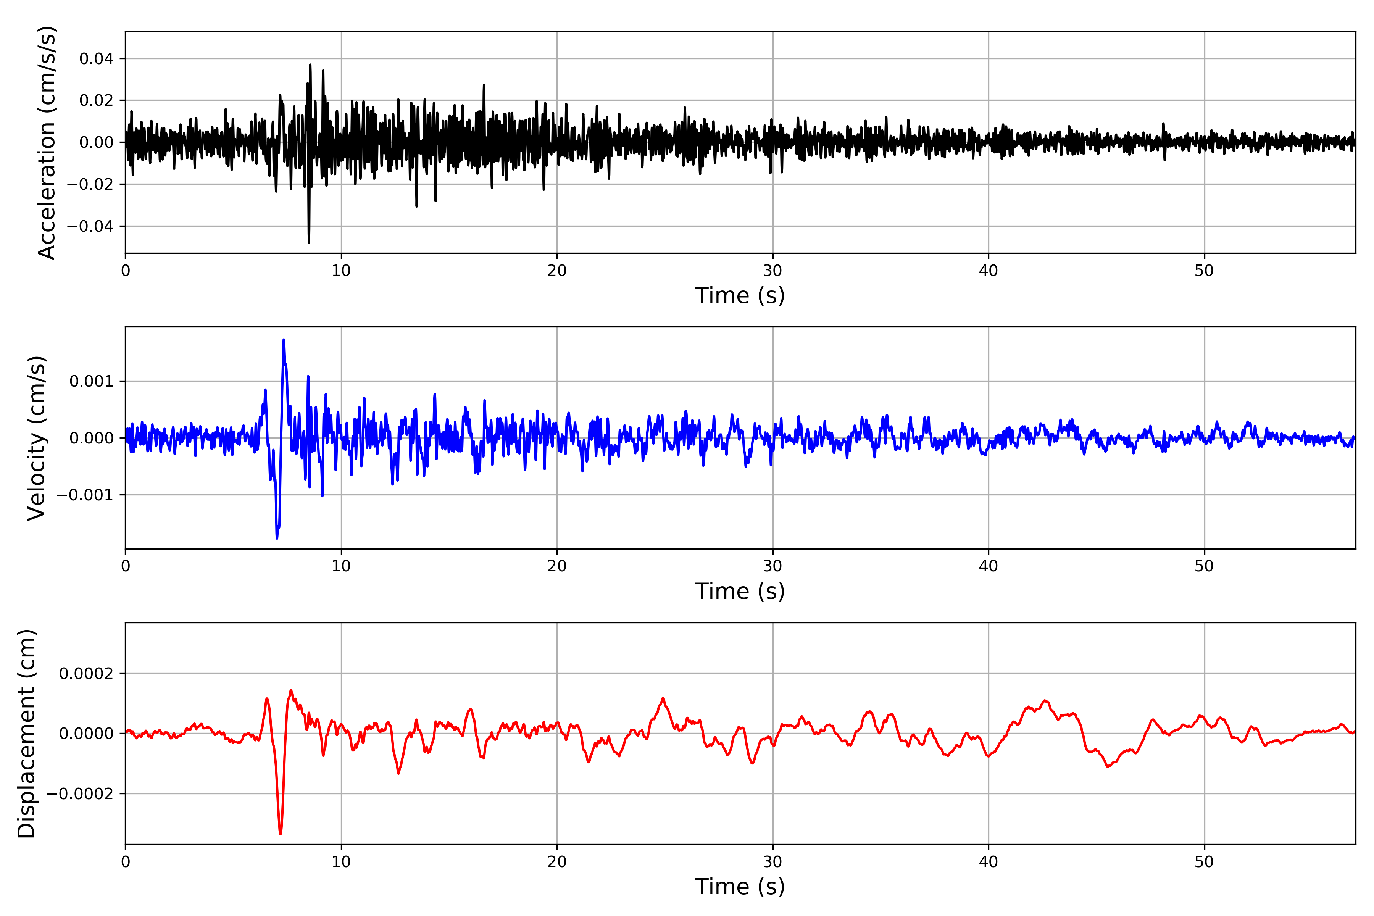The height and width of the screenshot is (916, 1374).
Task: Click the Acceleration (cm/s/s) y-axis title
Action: pyautogui.click(x=47, y=142)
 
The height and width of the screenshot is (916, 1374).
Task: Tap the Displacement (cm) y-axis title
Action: pyautogui.click(x=26, y=733)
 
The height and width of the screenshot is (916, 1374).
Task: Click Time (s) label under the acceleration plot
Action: pyautogui.click(x=740, y=295)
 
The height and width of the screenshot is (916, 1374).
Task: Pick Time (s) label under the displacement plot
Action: pyautogui.click(x=740, y=886)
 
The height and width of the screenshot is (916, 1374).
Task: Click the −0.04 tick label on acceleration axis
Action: pyautogui.click(x=90, y=226)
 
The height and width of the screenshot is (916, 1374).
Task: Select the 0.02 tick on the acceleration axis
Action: pyautogui.click(x=97, y=100)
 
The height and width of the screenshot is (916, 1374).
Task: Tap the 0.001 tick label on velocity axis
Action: pyautogui.click(x=91, y=381)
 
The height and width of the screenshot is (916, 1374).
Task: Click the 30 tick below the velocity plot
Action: pyautogui.click(x=772, y=566)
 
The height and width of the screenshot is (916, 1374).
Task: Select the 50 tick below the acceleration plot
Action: pyautogui.click(x=1204, y=271)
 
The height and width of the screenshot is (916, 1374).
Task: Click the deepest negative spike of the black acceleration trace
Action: pyautogui.click(x=309, y=242)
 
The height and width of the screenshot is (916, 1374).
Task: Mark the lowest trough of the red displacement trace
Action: pyautogui.click(x=281, y=834)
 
